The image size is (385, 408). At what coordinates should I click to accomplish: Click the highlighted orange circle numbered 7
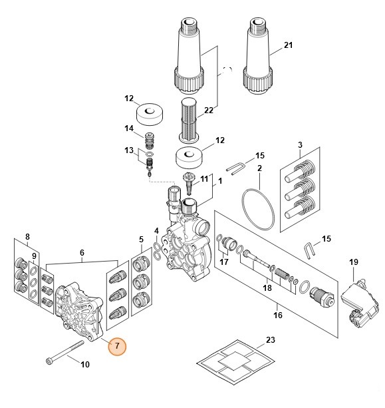pos(116,347)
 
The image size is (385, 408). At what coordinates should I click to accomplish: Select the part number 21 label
pos(288,45)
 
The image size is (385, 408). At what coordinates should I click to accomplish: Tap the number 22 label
pos(208,110)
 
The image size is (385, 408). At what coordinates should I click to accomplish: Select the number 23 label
pos(269,340)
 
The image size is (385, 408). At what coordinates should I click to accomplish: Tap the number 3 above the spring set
pos(300,145)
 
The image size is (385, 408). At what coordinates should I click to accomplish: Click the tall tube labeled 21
pos(257,53)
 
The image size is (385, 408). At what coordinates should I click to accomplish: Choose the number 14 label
pos(129,128)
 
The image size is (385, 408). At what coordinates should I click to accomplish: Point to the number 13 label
pos(129,151)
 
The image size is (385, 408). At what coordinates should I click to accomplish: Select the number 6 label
pos(82,253)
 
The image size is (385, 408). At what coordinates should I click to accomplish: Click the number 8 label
pos(27,236)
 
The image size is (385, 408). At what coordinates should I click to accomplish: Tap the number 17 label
pos(224,262)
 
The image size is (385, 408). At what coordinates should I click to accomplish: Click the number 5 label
pos(141,239)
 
